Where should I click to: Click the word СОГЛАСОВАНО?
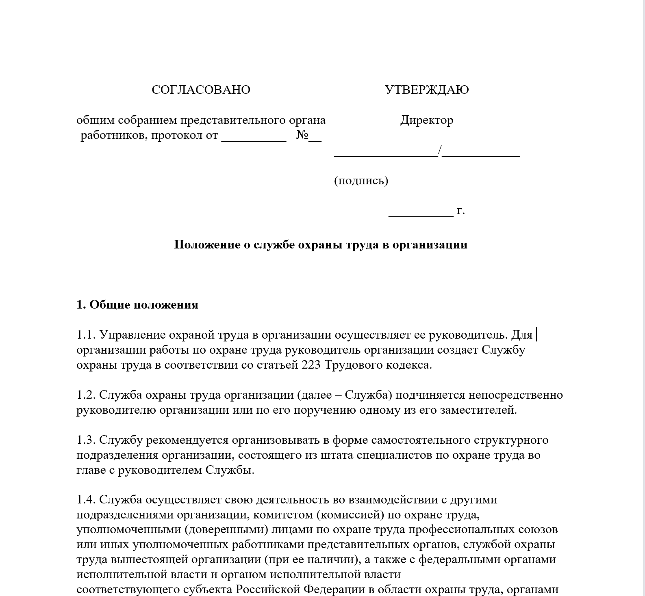[x=201, y=90]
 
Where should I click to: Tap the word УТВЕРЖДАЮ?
[x=427, y=90]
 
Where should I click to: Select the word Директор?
[x=426, y=120]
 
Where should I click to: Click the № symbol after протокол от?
[x=302, y=135]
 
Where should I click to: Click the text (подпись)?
[x=361, y=180]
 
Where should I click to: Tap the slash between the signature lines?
[x=440, y=150]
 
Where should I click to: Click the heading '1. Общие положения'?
[x=137, y=305]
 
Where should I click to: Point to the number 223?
[x=311, y=365]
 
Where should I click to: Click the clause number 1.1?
[x=86, y=335]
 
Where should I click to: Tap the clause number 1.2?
[x=86, y=395]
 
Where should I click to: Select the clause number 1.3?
[x=86, y=440]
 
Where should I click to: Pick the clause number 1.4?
[x=86, y=500]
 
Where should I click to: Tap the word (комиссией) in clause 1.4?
[x=350, y=515]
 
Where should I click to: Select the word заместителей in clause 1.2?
[x=478, y=410]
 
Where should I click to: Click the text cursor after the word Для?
[x=537, y=335]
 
